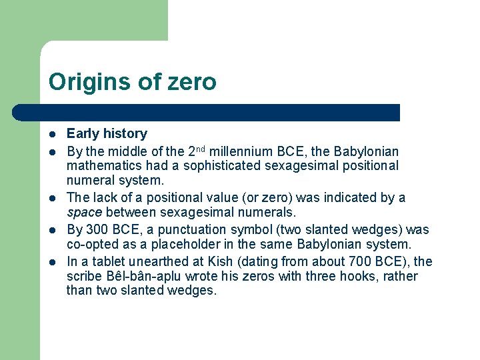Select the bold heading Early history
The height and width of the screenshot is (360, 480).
click(107, 133)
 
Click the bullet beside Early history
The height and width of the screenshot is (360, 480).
click(52, 134)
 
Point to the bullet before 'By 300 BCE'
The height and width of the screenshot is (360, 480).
click(52, 230)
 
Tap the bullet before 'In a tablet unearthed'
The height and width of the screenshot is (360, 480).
click(52, 262)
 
